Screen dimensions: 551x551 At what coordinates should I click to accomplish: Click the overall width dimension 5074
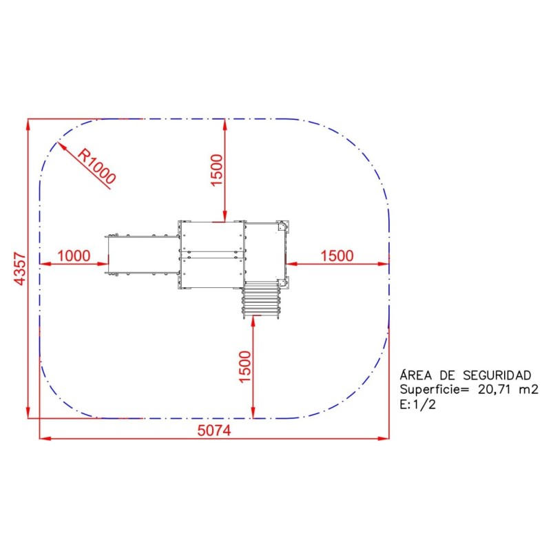click(214, 430)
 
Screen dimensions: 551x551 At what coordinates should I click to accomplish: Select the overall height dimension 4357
click(20, 269)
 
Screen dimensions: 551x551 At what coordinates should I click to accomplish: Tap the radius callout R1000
click(96, 166)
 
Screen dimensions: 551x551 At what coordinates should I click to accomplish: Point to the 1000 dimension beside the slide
click(74, 256)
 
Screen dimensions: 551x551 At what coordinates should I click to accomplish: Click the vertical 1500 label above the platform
click(217, 170)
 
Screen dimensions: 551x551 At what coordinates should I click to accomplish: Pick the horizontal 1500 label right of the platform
click(337, 256)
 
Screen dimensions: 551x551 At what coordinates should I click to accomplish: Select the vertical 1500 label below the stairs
click(245, 366)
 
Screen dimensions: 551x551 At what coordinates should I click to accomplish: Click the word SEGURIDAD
click(497, 375)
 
